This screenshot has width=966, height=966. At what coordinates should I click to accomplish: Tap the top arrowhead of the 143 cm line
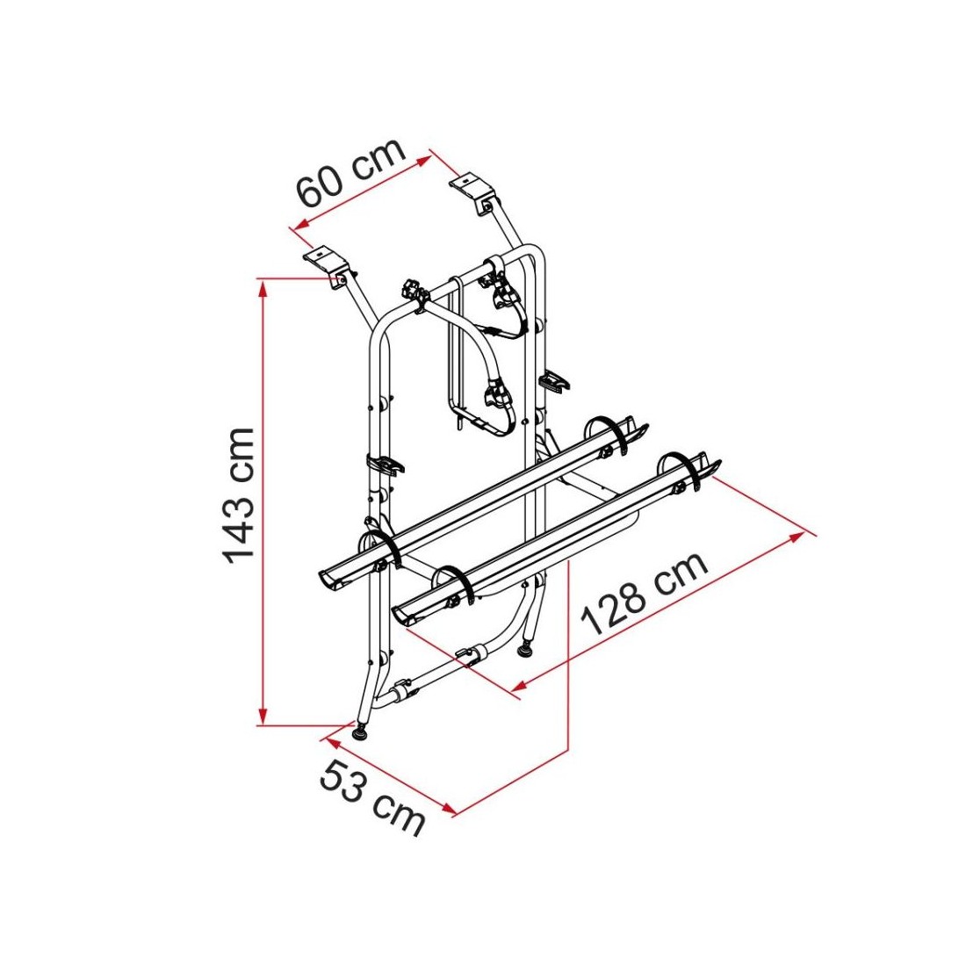[x=263, y=288]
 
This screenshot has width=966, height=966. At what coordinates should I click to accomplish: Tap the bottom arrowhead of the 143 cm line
[x=263, y=717]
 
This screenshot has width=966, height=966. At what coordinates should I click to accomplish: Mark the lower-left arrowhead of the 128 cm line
[x=521, y=684]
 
